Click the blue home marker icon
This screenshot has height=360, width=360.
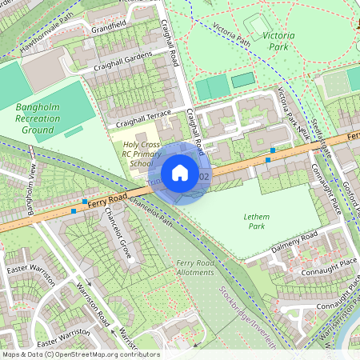point(180,173)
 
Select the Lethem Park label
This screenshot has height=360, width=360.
point(256,222)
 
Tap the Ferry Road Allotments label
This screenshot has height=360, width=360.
point(195,267)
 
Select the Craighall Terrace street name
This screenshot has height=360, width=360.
point(143,118)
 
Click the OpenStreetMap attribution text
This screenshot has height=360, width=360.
point(80,354)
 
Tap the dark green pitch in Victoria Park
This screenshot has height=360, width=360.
point(242,80)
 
